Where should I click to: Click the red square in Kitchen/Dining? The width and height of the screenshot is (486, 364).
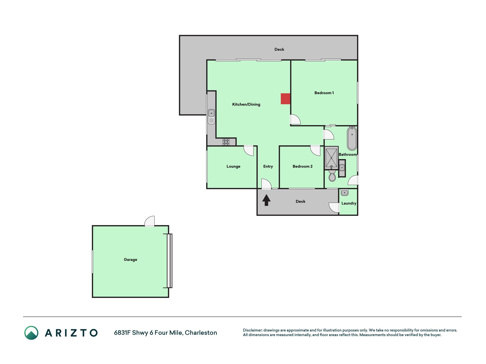tap(285, 99)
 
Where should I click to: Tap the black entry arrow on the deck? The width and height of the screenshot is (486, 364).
tap(266, 200)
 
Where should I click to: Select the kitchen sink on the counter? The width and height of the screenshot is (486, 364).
tap(211, 117)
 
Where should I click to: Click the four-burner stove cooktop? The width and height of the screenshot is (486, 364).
tap(226, 142)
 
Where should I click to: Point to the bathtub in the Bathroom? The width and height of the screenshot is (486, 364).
tap(352, 138)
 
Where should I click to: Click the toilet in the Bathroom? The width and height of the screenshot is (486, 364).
tap(332, 175)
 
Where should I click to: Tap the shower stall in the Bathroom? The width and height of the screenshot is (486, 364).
tap(331, 158)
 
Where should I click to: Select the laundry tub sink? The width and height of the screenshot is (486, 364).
tap(344, 193)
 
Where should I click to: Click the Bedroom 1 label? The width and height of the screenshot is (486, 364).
tap(324, 93)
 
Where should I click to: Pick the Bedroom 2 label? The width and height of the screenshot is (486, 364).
tap(302, 166)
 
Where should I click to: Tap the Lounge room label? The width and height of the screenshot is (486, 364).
tap(233, 166)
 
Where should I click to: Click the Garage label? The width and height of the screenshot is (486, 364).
tap(130, 260)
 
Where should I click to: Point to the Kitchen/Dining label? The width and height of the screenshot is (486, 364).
tap(246, 104)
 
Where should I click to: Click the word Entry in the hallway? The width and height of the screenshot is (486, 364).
tap(268, 166)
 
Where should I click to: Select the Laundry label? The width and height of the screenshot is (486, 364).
tap(349, 203)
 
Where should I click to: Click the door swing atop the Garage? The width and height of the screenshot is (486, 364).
tap(149, 221)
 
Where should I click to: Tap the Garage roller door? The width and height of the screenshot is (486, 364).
tap(169, 261)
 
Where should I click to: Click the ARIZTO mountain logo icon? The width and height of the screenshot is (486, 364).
tap(31, 333)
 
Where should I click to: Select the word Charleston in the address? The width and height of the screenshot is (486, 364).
tap(201, 333)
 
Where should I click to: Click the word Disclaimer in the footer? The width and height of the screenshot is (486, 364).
tap(253, 330)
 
